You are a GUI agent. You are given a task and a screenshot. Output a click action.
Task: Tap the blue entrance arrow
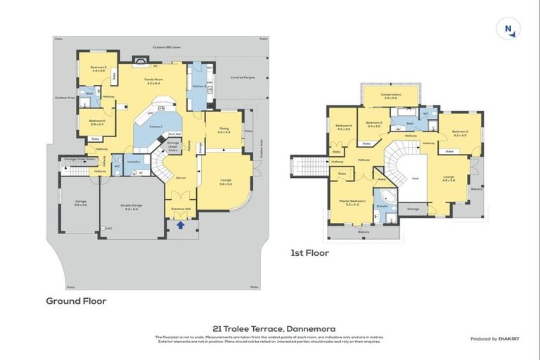[x=180, y=225]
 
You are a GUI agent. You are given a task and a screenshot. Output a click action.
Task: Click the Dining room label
[x=224, y=130]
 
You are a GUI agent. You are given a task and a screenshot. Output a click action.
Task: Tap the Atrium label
[x=180, y=178]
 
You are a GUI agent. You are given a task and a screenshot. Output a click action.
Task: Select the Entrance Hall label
[x=181, y=210]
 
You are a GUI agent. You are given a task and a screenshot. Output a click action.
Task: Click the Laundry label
[x=133, y=161]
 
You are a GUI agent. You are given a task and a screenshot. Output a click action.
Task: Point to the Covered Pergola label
[x=243, y=77]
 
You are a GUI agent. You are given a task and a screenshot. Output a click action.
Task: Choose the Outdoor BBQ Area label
[x=167, y=47]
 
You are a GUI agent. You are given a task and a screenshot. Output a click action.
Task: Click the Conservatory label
[x=392, y=96]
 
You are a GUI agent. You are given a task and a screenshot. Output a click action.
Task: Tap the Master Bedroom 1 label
[x=354, y=202]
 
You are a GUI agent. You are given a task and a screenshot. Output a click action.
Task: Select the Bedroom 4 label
[x=343, y=127]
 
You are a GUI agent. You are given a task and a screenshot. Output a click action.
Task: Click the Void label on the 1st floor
[x=415, y=179]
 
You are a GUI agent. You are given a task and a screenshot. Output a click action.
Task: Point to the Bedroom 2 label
[x=460, y=132]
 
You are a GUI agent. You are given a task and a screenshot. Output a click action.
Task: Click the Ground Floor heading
[x=76, y=300]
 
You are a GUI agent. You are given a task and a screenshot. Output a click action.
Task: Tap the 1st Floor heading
[x=309, y=252]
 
